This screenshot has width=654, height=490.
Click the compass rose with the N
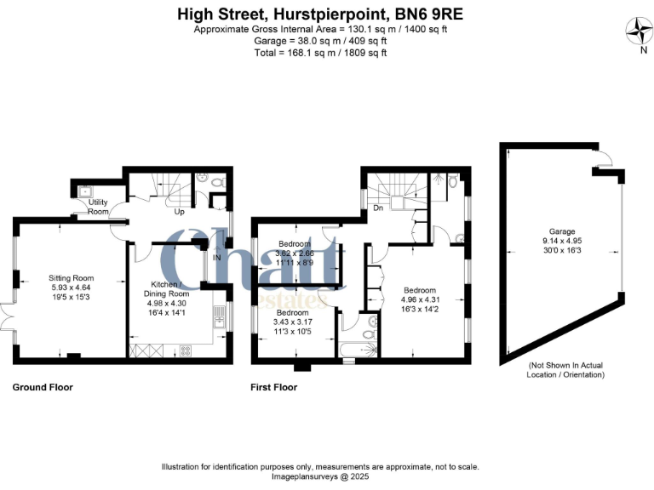coord(637,33)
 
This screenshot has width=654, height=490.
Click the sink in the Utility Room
coord(84,191)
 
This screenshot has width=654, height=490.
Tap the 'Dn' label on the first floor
coord(376,207)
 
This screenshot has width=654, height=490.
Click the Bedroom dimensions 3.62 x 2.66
coord(295,254)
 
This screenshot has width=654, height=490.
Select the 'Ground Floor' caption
coord(43,387)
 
